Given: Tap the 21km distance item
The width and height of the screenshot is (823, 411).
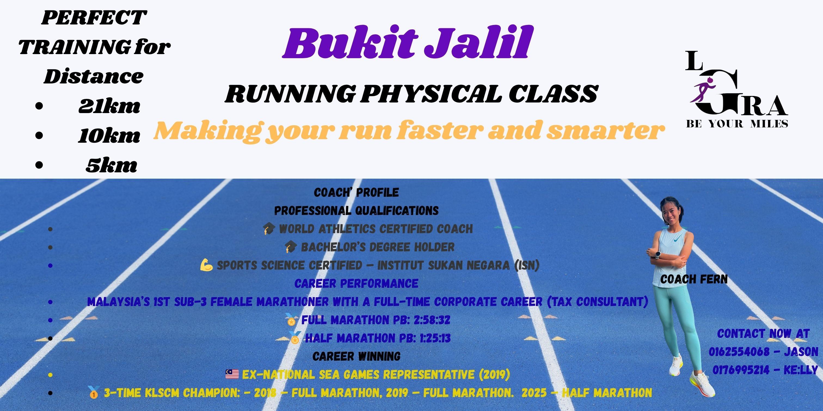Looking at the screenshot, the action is (109, 107).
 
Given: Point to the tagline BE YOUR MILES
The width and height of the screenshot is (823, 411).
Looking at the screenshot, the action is (737, 124).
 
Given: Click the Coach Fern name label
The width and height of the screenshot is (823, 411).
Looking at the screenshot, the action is (694, 279).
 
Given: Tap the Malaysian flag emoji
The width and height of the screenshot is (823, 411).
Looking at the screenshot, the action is (232, 374).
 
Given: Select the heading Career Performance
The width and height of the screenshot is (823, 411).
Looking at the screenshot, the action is (356, 283).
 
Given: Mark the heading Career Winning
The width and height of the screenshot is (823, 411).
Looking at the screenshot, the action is (357, 356).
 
